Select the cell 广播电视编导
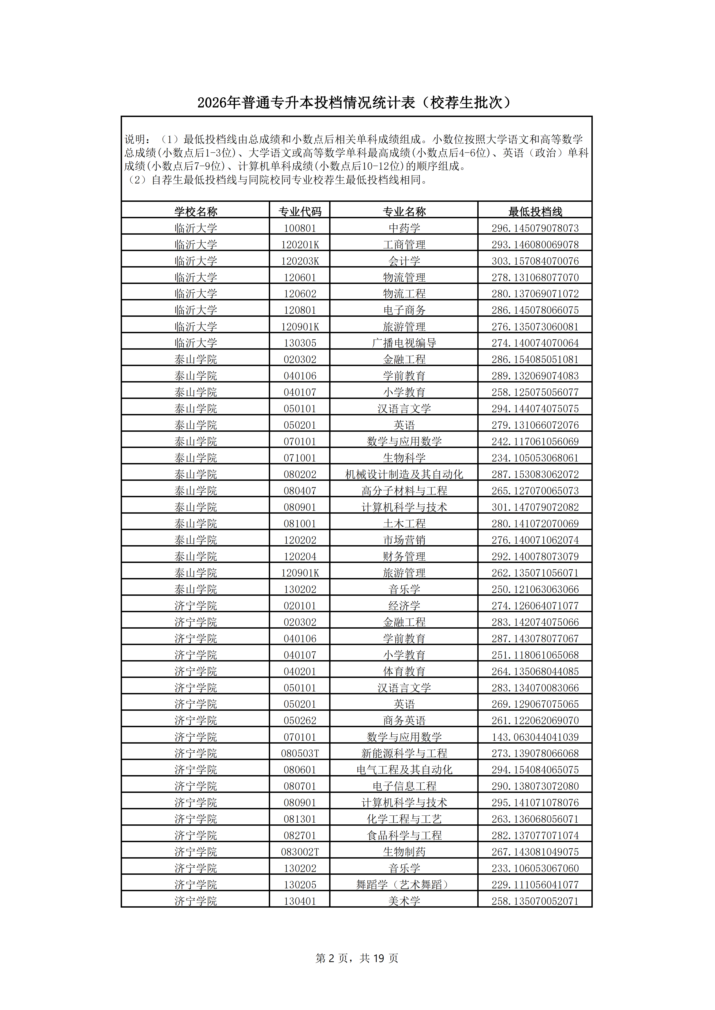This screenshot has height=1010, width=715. [x=404, y=343]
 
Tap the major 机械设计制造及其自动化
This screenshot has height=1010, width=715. [x=404, y=474]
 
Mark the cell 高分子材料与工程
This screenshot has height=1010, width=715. [x=404, y=490]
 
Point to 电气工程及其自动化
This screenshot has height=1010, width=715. [x=404, y=770]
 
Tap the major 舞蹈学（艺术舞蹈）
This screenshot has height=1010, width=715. [x=404, y=885]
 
